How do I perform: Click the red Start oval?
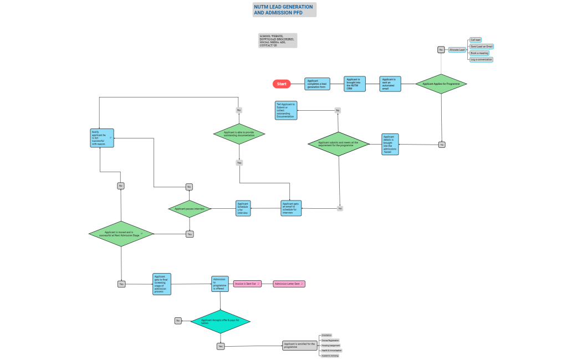coord(282,84)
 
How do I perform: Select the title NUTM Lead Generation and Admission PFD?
coord(284,9)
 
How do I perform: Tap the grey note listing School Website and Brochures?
coord(278,40)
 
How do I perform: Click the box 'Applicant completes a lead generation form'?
coord(317,84)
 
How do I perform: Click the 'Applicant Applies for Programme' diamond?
coord(441,84)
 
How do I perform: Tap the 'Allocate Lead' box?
coord(457,50)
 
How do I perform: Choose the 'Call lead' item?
coord(476,40)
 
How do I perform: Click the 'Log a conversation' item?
coord(481,59)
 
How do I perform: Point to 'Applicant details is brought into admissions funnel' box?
coord(390,145)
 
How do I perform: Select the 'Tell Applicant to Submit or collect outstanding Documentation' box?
coord(286,110)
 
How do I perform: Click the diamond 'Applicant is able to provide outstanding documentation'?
coord(239,133)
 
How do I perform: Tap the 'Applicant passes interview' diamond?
coord(190,209)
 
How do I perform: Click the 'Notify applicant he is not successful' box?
coord(102,138)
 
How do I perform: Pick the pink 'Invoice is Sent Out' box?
coord(247,284)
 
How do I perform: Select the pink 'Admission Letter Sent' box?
coord(289,284)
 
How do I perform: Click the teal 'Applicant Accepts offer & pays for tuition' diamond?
coord(221,321)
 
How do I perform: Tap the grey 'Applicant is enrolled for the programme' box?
coord(300,346)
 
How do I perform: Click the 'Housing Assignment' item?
coord(331,345)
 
